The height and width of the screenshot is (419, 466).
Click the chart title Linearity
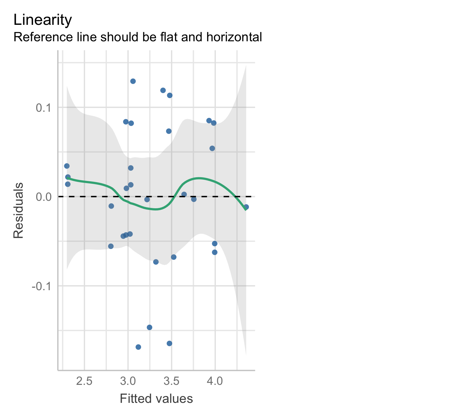click(43, 20)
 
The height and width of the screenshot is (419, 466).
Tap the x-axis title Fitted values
click(156, 399)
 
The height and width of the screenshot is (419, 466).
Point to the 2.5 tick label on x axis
click(85, 381)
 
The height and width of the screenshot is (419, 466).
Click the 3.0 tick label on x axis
click(128, 381)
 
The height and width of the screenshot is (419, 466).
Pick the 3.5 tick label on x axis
click(171, 381)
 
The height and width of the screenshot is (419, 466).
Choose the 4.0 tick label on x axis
click(215, 381)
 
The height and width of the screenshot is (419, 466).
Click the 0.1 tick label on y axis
click(43, 108)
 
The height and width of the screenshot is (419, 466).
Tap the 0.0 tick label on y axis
click(43, 197)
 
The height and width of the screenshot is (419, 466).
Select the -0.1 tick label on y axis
click(42, 286)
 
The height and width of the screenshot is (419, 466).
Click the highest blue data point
click(133, 81)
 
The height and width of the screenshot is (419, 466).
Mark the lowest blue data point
click(138, 347)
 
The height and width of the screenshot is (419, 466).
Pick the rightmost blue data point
click(246, 207)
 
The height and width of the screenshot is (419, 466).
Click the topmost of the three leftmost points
click(67, 166)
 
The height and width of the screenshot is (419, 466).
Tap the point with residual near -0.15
click(149, 327)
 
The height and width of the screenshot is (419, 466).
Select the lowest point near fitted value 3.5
click(169, 343)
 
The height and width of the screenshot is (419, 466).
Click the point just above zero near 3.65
click(184, 194)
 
